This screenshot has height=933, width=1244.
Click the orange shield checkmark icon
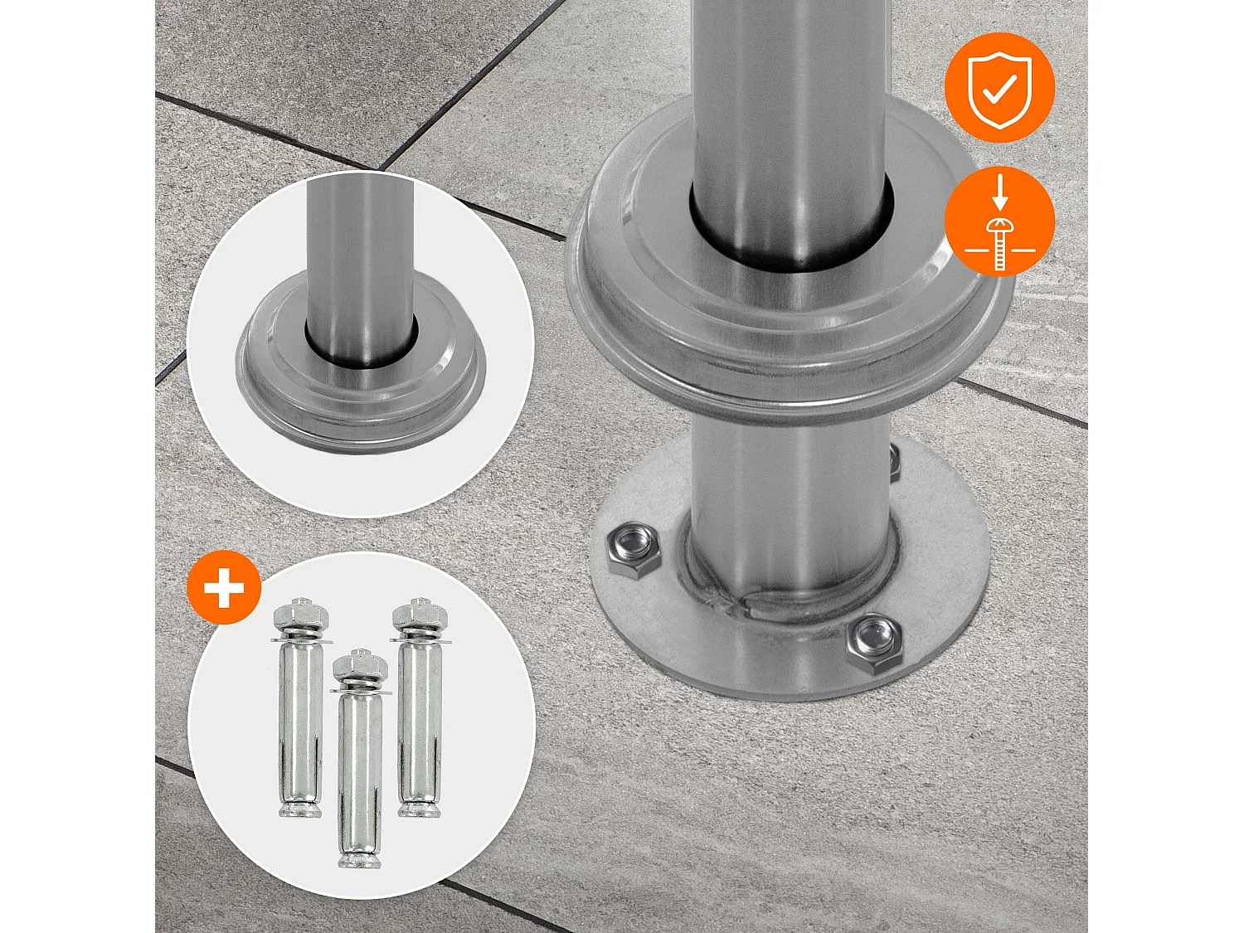tap(999, 87)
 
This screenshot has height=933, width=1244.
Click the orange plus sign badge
tap(224, 588)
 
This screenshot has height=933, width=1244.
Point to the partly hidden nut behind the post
tap(894, 463)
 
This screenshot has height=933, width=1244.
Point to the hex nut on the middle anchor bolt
tap(360, 665)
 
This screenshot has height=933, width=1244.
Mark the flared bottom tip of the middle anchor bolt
tap(360, 860)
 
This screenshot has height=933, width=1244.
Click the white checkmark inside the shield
tap(1000, 91)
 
